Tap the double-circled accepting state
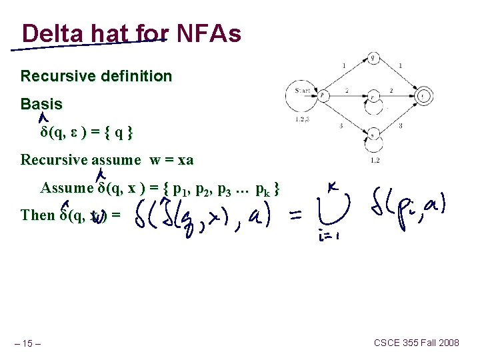point(423,96)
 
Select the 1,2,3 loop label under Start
point(302,120)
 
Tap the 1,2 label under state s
point(375,160)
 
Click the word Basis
point(41,104)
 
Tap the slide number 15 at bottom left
point(29,343)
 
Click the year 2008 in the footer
point(447,343)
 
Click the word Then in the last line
point(38,215)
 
